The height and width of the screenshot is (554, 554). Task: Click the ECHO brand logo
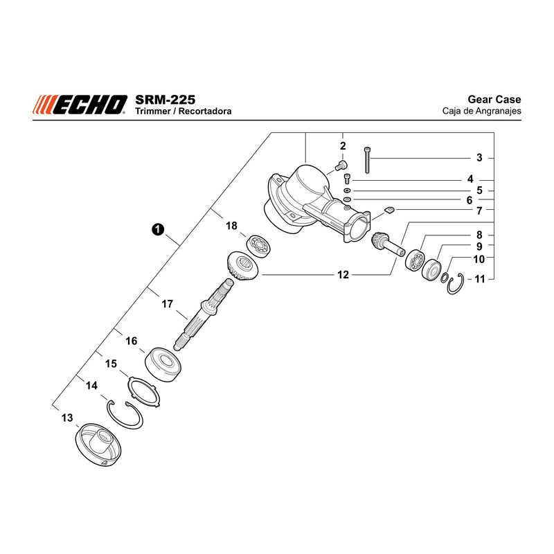click(x=80, y=105)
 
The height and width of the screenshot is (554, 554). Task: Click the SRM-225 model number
click(x=165, y=100)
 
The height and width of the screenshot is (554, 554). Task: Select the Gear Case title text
click(x=494, y=99)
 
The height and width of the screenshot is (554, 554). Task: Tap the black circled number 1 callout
click(x=158, y=229)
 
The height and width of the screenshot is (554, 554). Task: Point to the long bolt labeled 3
click(x=367, y=160)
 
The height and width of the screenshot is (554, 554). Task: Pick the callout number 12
click(x=343, y=274)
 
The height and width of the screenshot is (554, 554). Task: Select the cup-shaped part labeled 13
click(x=98, y=445)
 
